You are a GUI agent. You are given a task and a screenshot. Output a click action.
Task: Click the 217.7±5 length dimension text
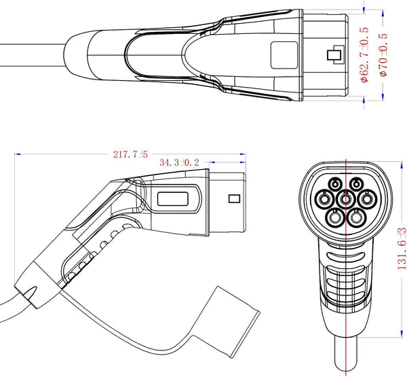[130, 154]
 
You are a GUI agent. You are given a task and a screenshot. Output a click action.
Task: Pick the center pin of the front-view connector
[346, 200]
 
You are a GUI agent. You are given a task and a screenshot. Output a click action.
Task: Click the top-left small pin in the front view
[335, 183]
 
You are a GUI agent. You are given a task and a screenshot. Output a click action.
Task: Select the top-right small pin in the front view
[357, 183]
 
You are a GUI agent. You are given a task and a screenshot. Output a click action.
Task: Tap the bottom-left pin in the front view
[334, 218]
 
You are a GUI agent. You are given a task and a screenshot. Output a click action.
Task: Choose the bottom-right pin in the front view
[358, 218]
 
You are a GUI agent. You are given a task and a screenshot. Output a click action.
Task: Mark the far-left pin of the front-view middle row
[323, 200]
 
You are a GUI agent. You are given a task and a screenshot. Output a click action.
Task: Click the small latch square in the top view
[334, 56]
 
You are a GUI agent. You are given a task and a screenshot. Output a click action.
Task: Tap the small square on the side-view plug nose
[235, 200]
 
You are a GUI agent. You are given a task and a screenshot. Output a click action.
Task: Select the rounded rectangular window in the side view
[175, 200]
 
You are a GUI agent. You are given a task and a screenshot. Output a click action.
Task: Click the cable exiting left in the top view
[27, 55]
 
